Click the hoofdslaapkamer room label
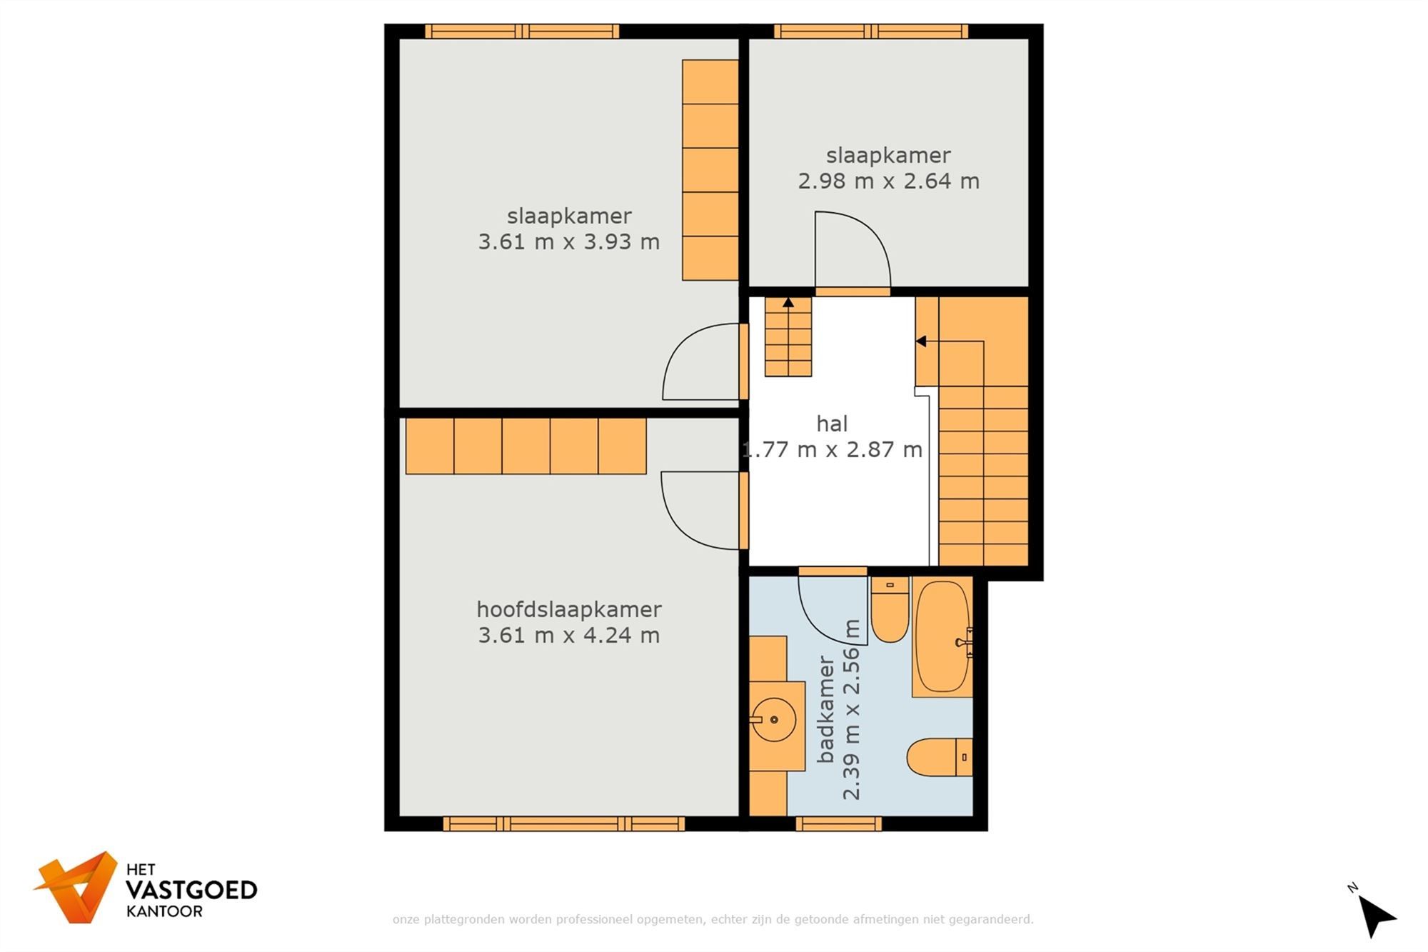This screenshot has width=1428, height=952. (x=568, y=609)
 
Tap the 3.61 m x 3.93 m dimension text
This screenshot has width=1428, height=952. (x=568, y=242)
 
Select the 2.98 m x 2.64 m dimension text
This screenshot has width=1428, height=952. (x=888, y=181)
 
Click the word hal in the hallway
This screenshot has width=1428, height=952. (x=832, y=424)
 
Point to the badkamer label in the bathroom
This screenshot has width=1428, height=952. (x=825, y=710)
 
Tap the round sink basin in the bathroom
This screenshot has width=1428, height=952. (x=774, y=719)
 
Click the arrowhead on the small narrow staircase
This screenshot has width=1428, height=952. (x=788, y=303)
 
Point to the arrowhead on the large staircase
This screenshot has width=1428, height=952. (x=921, y=341)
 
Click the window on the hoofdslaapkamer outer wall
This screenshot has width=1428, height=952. (x=563, y=824)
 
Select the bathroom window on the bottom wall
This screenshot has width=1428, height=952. (x=838, y=824)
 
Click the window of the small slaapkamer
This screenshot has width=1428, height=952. (x=870, y=31)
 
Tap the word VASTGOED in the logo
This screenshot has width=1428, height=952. (x=191, y=890)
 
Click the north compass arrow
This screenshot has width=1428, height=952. (x=1375, y=915)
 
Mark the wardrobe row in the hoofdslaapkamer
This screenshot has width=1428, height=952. (x=526, y=446)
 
